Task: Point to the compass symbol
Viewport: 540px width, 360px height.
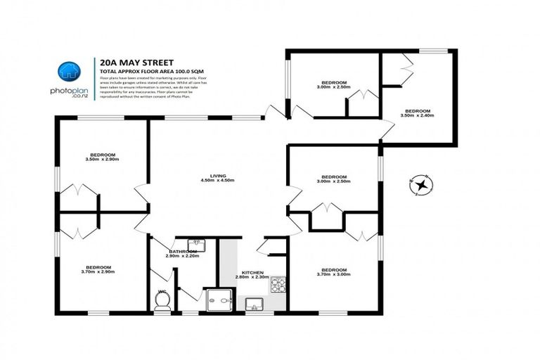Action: (421, 186)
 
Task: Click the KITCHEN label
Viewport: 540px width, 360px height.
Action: (252, 272)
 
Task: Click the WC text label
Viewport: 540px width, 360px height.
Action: (162, 291)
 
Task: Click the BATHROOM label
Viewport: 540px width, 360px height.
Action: (183, 251)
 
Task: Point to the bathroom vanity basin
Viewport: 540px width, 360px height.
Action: (197, 244)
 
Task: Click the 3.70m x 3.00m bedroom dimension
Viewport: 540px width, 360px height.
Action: (333, 275)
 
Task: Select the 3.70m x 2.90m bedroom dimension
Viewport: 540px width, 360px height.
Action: (98, 273)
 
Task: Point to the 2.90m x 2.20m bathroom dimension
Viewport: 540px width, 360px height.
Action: (183, 257)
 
